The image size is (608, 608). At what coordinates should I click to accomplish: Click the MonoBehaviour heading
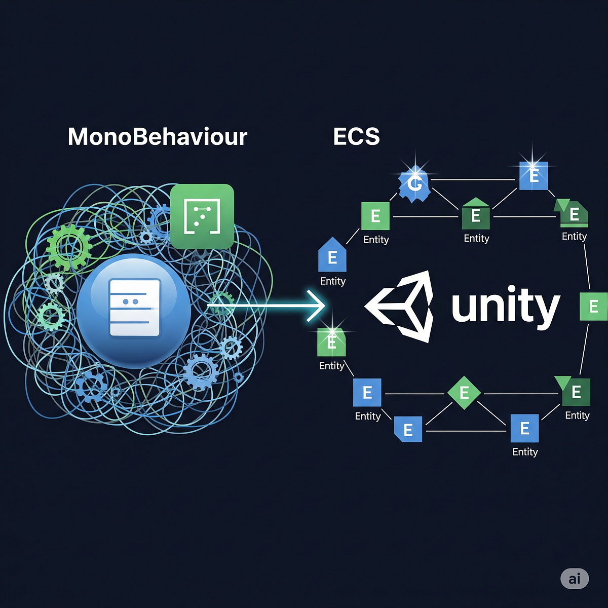coord(157,137)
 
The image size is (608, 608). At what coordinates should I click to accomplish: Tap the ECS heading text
coord(356,137)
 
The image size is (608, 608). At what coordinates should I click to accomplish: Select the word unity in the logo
coord(505,306)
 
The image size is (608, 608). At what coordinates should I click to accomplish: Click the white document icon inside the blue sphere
coord(134,308)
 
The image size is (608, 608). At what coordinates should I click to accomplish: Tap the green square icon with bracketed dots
coord(202,216)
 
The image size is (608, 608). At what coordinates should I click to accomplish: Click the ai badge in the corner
coord(575,579)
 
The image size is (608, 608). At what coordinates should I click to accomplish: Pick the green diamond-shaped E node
coord(464,393)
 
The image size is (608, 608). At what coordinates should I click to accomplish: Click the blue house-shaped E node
coord(332,256)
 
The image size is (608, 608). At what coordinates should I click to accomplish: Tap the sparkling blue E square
coord(534,176)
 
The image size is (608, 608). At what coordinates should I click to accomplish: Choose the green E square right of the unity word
coord(593,307)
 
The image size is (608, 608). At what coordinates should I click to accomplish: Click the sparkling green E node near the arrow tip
coord(331,342)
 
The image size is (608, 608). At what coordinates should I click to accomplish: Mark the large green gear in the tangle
coord(68,247)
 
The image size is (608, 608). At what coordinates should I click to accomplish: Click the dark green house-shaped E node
coord(476,214)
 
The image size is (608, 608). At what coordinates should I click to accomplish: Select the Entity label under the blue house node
coord(332,281)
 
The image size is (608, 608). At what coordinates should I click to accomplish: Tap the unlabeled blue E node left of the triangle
coord(408,429)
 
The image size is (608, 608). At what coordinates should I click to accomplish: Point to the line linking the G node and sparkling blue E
coord(474,179)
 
